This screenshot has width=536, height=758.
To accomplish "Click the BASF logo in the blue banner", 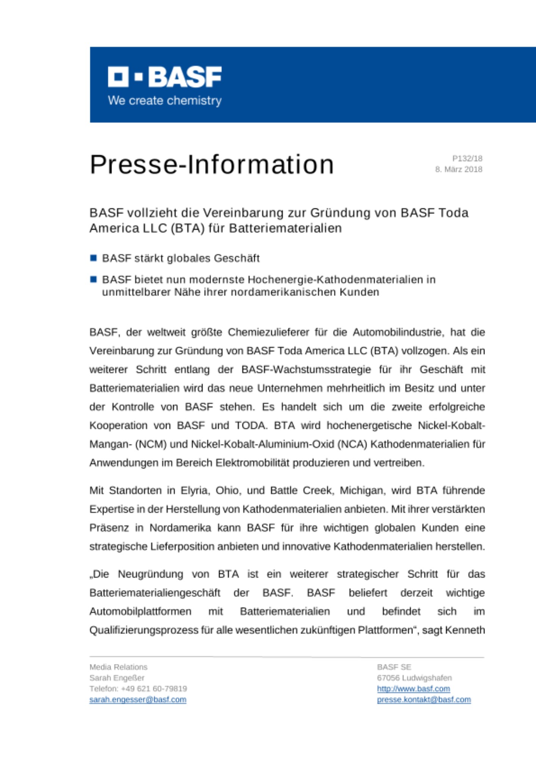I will (x=165, y=77).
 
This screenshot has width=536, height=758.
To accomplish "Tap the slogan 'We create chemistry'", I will (x=165, y=101).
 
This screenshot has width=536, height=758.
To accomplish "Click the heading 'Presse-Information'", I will (x=212, y=164).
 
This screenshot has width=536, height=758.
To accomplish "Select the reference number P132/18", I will (x=467, y=158).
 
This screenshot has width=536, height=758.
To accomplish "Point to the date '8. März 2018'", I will (x=458, y=169).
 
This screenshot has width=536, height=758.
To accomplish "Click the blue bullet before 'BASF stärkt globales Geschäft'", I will (x=94, y=258).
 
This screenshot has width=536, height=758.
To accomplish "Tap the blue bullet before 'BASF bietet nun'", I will (x=94, y=279).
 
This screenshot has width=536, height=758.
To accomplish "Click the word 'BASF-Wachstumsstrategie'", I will (x=306, y=370).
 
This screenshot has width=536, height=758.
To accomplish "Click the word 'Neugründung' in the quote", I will (x=150, y=574).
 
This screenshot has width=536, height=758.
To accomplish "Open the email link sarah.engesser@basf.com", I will (x=138, y=700).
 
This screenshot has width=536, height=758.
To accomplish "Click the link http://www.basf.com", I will (x=413, y=689).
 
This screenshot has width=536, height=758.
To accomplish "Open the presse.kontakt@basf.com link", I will (x=423, y=700).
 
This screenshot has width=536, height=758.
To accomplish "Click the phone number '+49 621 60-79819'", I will (x=154, y=689).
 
